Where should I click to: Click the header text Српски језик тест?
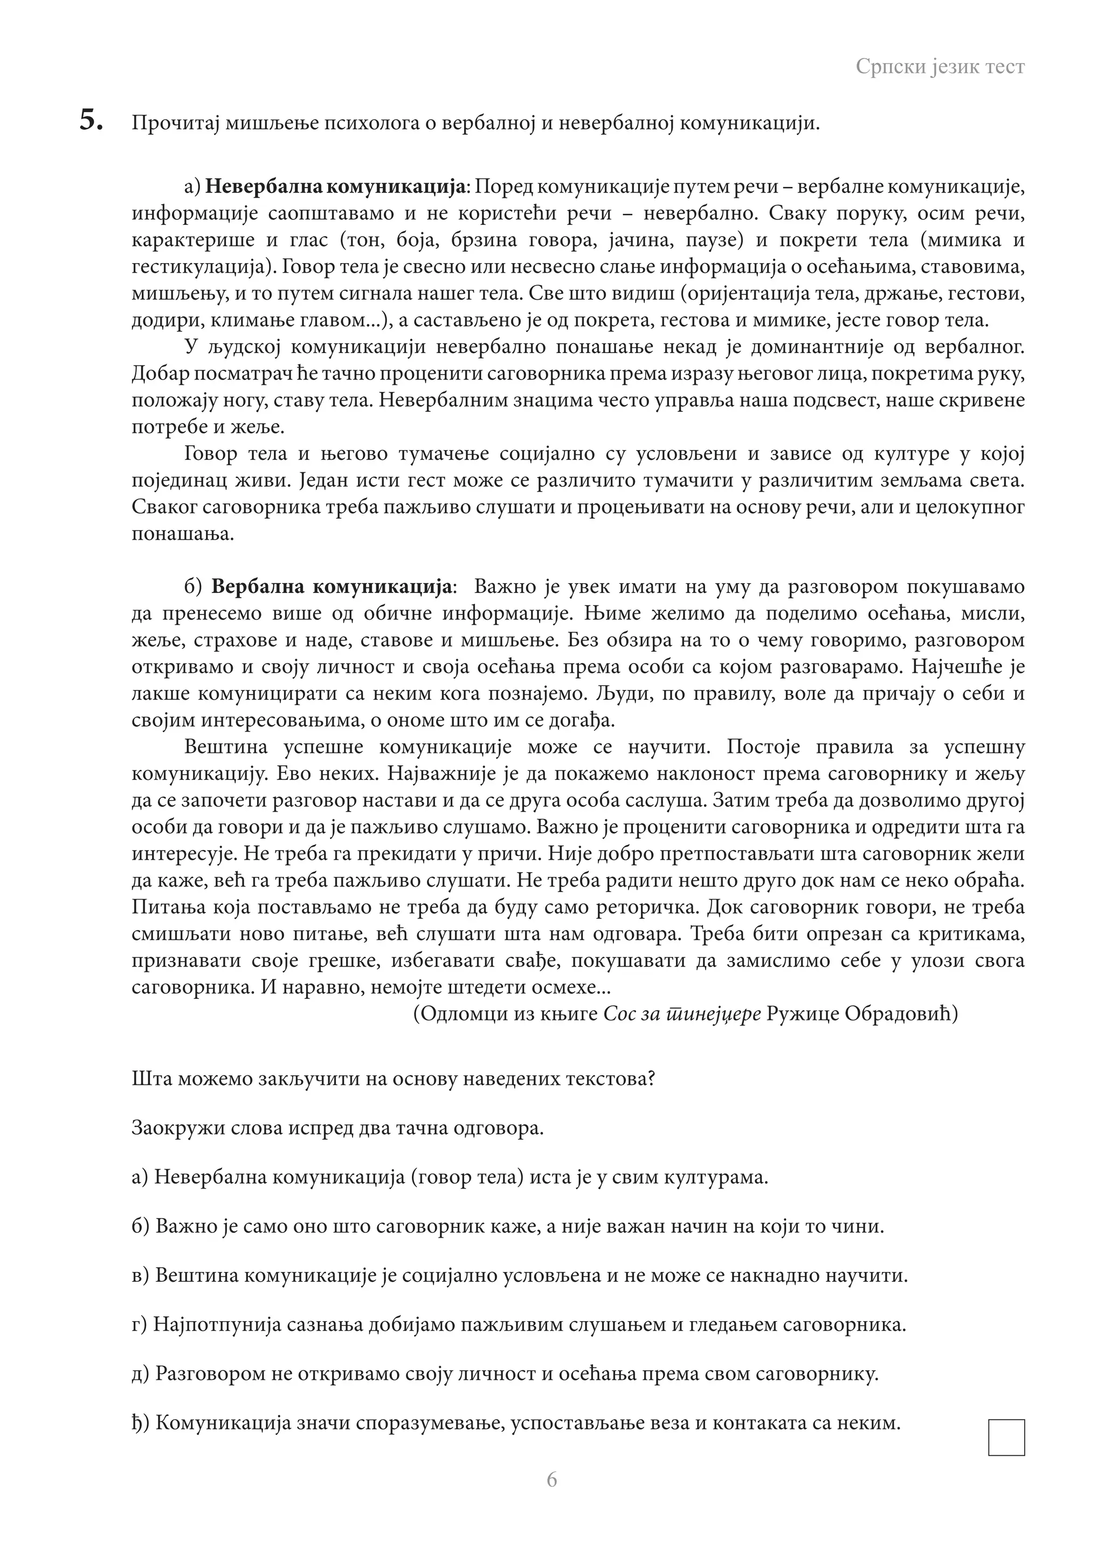940,67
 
